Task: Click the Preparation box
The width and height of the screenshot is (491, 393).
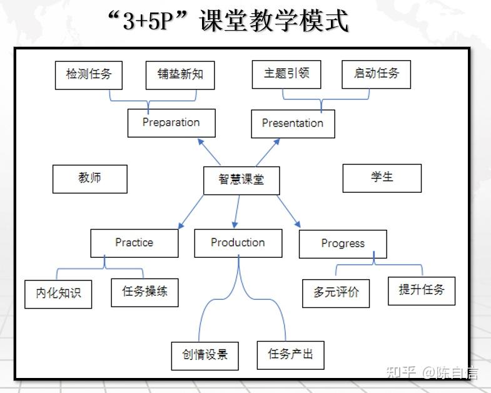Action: coord(171,123)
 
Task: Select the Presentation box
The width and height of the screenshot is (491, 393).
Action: coord(293,124)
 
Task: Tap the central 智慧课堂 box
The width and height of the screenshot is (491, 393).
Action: coord(241,180)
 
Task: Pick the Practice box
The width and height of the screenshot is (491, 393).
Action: coord(134,243)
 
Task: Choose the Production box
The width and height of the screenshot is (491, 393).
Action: coord(238,243)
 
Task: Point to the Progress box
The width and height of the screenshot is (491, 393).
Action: coord(343,244)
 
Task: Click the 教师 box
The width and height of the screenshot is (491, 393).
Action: coord(90,179)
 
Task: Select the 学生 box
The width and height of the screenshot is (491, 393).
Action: coord(382,178)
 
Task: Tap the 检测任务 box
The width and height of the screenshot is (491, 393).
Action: coord(89,75)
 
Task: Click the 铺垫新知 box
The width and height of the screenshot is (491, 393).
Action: coord(180,75)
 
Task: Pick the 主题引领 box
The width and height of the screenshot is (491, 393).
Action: coord(286,74)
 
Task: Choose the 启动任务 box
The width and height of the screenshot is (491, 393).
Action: coord(377,74)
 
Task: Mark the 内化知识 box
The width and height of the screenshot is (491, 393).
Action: coord(58,294)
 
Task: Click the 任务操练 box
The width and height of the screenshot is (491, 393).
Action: coord(144,292)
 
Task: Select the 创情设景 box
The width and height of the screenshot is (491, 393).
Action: coord(205,355)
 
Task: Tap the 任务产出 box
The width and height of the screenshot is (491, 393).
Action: coord(291,355)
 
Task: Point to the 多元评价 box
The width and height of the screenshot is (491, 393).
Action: coord(336,293)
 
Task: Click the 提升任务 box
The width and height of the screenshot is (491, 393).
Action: coord(422,291)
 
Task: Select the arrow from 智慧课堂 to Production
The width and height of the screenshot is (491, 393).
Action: coord(236,212)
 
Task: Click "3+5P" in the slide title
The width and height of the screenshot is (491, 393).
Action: coord(148,21)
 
